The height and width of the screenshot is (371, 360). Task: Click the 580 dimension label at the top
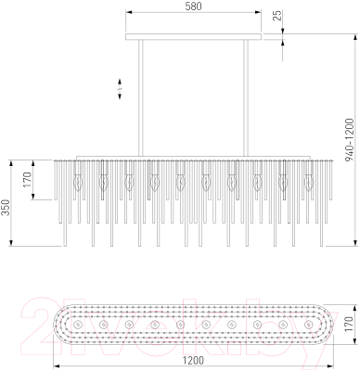(x=193, y=6)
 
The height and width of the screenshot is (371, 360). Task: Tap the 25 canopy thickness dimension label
(x=278, y=16)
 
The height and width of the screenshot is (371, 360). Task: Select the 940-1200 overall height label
(x=349, y=139)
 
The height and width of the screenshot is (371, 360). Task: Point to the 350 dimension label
(x=6, y=208)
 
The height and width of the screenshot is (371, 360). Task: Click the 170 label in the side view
(x=27, y=180)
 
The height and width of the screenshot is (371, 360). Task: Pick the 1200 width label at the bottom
(x=193, y=361)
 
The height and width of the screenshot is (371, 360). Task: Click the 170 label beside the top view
(x=349, y=324)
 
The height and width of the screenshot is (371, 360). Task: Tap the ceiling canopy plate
(x=193, y=37)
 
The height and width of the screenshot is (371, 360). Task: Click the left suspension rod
(x=141, y=98)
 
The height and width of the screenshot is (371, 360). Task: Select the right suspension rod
(x=246, y=98)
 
